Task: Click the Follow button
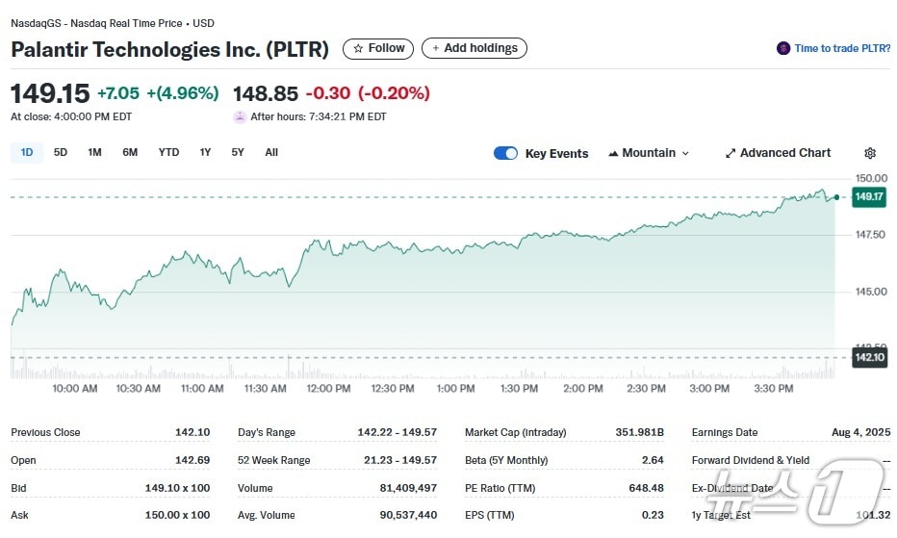click(x=378, y=48)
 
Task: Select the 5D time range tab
click(x=61, y=152)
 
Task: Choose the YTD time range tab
click(x=168, y=152)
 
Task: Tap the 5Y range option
click(x=238, y=152)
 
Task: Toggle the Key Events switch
click(x=505, y=153)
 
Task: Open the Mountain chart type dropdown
click(x=650, y=153)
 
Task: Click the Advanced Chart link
click(x=778, y=153)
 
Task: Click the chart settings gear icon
click(x=870, y=153)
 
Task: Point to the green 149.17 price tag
click(x=869, y=197)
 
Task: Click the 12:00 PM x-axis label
click(x=328, y=389)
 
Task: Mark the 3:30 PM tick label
click(x=773, y=389)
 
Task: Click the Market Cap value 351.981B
click(x=639, y=432)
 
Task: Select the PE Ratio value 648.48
click(x=644, y=488)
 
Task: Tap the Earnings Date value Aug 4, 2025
click(x=860, y=432)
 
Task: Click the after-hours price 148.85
click(x=266, y=93)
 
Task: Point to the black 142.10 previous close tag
click(x=869, y=357)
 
